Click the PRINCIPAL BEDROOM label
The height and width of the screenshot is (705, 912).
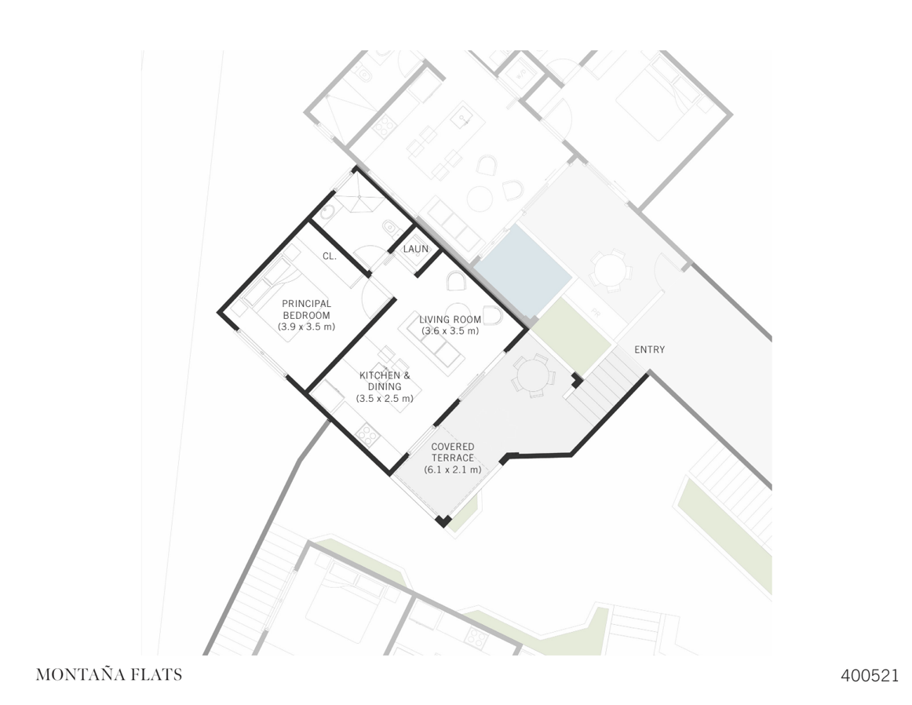pos(306,309)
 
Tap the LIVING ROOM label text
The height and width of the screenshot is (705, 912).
pos(450,320)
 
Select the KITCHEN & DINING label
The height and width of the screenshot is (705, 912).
pos(385,381)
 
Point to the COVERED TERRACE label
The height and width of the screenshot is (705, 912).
pos(452,452)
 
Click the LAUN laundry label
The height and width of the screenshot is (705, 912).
pos(416,249)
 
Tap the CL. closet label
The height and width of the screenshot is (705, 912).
pos(330,256)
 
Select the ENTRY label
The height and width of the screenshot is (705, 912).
pos(649,349)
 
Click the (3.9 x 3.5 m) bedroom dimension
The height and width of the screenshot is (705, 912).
pos(306,327)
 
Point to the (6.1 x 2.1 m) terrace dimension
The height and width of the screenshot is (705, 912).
pos(452,469)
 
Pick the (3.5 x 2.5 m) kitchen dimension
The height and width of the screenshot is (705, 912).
pos(385,399)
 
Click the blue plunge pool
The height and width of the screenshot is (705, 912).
pos(523,268)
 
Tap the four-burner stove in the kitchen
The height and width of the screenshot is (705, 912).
pos(367,433)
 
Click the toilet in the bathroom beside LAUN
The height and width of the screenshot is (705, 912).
pos(389,228)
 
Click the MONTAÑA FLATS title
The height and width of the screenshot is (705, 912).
pos(108,674)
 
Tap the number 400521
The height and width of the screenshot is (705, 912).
pos(869,675)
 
